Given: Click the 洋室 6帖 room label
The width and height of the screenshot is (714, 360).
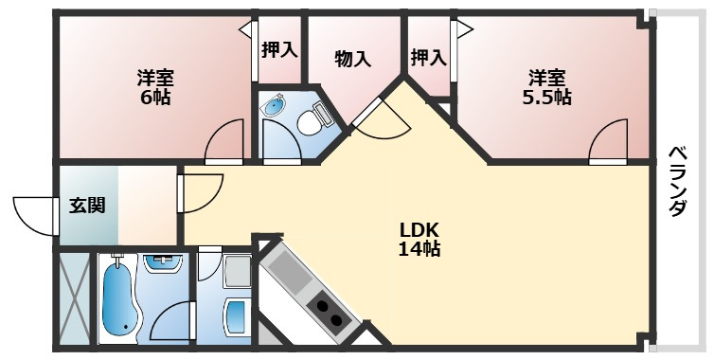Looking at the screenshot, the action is tap(155, 87).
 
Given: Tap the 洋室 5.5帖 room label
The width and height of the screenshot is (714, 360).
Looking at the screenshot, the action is tap(546, 87).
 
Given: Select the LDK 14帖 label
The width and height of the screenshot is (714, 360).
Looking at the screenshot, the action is tap(419, 240).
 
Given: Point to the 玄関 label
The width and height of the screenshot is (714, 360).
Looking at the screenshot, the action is tap(87, 206).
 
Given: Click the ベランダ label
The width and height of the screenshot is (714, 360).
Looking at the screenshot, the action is tap(678, 181).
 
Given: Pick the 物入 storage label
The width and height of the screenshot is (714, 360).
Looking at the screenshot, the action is tap(352, 60).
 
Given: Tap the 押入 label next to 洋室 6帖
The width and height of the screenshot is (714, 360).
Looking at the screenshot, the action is tap(279, 49).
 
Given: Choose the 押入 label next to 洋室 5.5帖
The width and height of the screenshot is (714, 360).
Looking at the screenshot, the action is tap(428, 58).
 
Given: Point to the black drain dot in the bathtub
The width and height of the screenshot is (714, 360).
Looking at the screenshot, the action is tap(126, 327).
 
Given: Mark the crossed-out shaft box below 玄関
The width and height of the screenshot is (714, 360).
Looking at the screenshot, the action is tap(75, 298).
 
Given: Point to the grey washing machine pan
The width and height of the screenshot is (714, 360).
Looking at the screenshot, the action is tap(238, 272).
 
